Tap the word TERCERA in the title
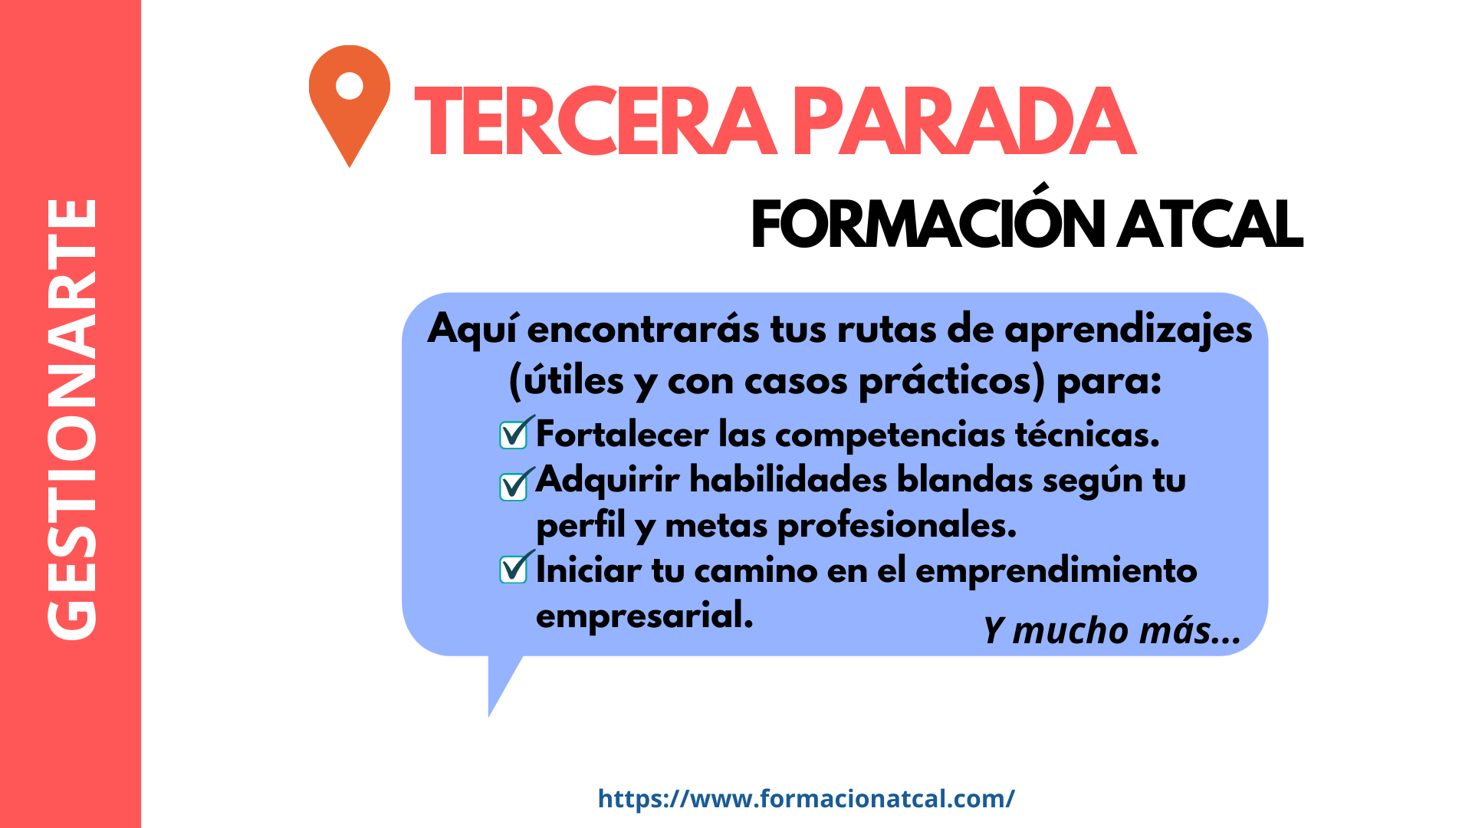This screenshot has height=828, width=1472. click(596, 121)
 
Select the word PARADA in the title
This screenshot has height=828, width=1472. click(964, 121)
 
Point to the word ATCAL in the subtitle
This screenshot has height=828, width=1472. click(1210, 225)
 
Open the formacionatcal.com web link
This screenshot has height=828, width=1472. click(806, 799)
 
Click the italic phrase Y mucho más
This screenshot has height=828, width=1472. click(1112, 631)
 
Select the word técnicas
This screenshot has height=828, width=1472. click(1087, 434)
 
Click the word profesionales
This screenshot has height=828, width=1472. click(897, 526)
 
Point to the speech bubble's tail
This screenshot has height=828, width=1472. click(501, 682)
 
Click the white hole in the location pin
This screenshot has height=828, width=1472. click(350, 85)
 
